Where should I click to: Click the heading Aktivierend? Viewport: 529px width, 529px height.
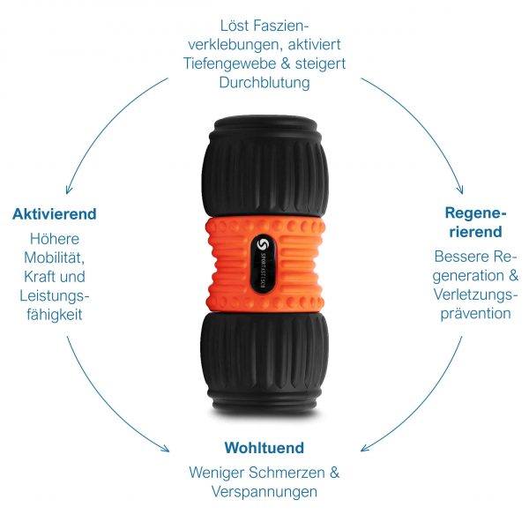55,214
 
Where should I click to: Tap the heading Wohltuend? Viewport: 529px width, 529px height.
264,448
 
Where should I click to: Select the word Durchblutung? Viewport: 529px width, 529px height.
264,82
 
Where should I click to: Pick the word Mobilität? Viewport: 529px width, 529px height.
55,257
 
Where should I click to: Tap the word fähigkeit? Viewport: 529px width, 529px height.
55,315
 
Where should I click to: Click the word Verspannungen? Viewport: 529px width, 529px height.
264,492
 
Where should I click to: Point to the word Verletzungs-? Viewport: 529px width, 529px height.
475,294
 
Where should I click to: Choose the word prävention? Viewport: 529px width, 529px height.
476,314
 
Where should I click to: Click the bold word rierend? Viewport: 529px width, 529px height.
476,232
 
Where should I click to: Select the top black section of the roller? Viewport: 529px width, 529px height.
264,167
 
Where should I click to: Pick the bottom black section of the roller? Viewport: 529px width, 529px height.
264,363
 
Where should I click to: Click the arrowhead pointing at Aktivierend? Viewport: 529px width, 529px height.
69,189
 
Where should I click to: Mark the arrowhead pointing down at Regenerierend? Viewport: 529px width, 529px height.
460,189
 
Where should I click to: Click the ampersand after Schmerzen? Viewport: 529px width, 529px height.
334,473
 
